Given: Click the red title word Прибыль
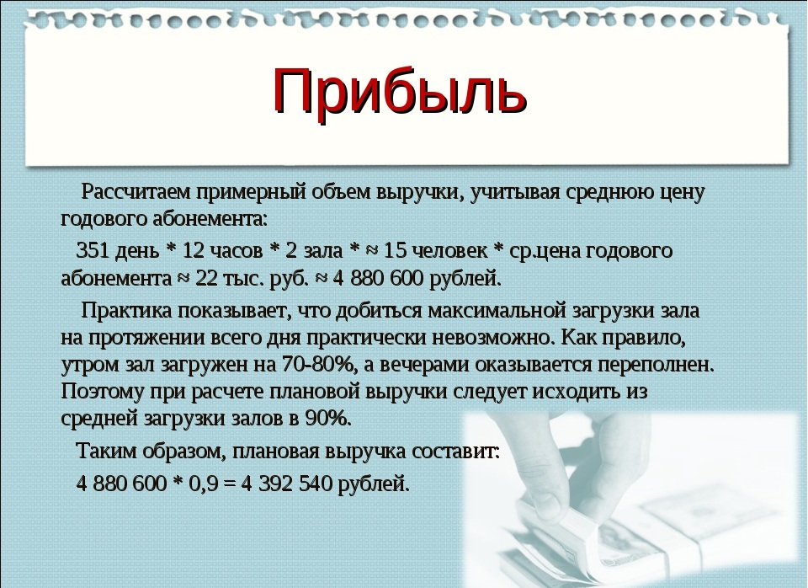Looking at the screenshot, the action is (400, 92).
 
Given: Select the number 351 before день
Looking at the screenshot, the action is (93, 251).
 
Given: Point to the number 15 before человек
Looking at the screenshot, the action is (396, 251).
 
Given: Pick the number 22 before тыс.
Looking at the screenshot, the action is (207, 279).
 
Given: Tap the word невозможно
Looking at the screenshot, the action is (494, 338).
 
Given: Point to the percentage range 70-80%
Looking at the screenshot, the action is (316, 365).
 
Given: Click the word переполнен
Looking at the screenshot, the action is (656, 365).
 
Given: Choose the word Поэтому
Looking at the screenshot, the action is (102, 392).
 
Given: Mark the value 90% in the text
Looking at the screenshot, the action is (327, 419).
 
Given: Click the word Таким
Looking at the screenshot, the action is (106, 452).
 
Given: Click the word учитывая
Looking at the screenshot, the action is (515, 192).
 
